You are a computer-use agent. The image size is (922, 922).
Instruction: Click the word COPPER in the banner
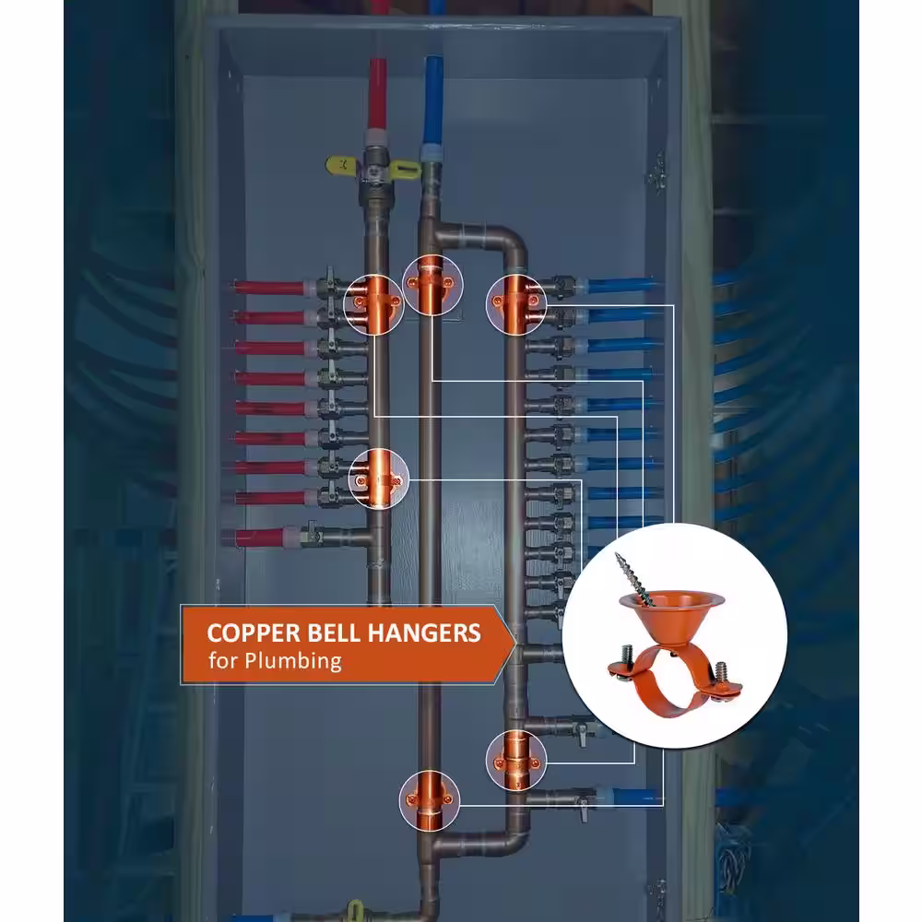254,633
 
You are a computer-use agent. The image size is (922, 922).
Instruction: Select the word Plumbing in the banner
293,661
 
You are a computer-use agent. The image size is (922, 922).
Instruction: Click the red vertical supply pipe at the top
377,94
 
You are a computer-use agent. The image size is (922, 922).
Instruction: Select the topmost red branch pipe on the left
269,288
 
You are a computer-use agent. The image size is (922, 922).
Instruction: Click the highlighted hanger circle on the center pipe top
432,285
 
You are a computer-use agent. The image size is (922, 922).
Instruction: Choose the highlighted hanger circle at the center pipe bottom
430,800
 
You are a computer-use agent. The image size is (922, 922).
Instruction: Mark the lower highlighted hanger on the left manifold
379,479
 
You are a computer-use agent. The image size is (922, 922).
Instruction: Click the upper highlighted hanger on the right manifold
516,304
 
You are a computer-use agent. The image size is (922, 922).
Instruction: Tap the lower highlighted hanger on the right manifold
516,761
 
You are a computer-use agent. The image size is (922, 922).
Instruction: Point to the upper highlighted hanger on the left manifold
374,304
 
